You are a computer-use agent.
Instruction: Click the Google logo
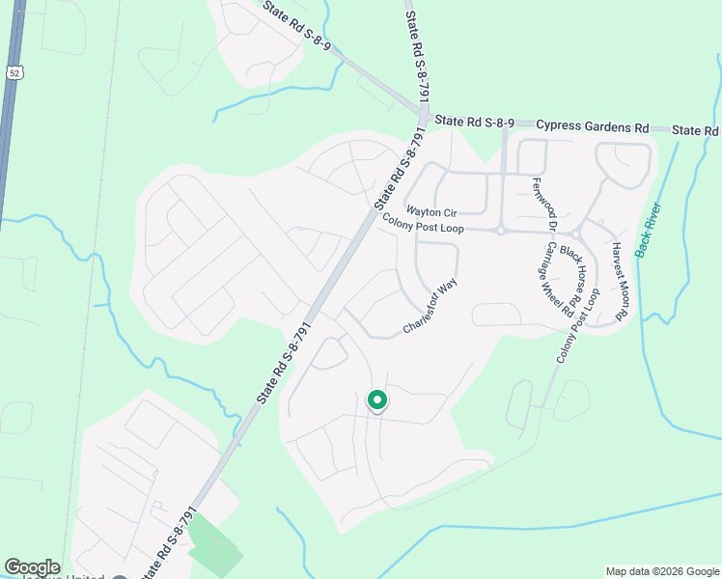click(32, 567)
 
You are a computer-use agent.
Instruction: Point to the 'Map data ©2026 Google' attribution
click(661, 571)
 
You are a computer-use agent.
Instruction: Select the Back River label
click(647, 229)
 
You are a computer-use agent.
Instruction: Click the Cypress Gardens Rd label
click(593, 126)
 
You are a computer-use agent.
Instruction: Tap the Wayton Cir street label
click(430, 210)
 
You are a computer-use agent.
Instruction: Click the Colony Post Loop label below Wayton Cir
click(423, 225)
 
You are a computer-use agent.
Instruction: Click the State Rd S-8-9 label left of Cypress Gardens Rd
click(473, 122)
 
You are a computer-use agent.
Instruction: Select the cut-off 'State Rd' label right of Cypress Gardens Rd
click(696, 130)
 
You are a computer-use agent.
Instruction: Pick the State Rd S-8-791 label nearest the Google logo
click(171, 540)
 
